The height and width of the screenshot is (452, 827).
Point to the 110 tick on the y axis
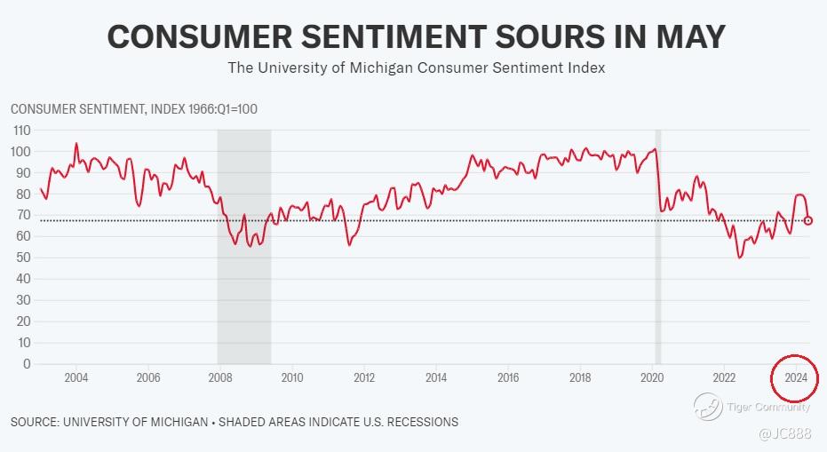pyautogui.click(x=21, y=130)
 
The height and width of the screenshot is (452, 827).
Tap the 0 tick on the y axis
pyautogui.click(x=27, y=364)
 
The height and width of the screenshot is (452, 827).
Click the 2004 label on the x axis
pyautogui.click(x=76, y=377)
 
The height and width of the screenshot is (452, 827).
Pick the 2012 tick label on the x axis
pyautogui.click(x=364, y=377)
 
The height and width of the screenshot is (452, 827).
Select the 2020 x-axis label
pyautogui.click(x=652, y=377)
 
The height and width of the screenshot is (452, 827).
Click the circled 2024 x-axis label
pyautogui.click(x=795, y=377)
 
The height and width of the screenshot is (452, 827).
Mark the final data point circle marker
pyautogui.click(x=808, y=220)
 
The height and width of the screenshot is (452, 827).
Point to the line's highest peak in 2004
pyautogui.click(x=76, y=143)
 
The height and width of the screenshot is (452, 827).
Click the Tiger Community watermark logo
pyautogui.click(x=708, y=407)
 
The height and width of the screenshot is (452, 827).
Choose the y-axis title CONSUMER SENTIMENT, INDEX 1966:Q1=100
pyautogui.click(x=134, y=108)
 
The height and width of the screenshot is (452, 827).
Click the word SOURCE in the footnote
pyautogui.click(x=36, y=422)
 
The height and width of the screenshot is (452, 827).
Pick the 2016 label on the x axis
pyautogui.click(x=508, y=377)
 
